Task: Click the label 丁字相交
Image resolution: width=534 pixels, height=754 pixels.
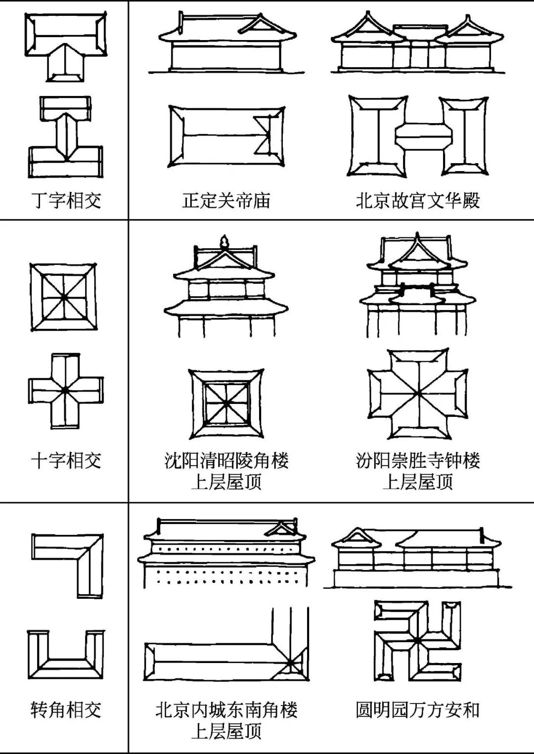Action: [x=66, y=200]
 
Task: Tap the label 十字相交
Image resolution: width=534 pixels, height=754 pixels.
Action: [x=66, y=460]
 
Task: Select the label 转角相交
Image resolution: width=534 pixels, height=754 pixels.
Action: [x=66, y=710]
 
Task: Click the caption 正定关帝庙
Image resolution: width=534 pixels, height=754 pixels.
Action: [x=226, y=200]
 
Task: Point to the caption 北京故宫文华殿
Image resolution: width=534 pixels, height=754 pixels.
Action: [x=418, y=200]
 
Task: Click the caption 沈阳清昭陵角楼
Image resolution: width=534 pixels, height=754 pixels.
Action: [x=226, y=460]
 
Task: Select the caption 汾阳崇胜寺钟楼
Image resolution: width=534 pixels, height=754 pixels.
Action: [x=418, y=460]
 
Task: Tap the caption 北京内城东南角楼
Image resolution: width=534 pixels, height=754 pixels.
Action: [x=226, y=710]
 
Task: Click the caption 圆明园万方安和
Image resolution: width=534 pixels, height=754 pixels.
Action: [x=418, y=710]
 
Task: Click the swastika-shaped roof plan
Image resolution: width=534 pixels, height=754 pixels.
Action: [x=418, y=641]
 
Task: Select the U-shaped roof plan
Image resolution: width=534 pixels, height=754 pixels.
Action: [x=66, y=655]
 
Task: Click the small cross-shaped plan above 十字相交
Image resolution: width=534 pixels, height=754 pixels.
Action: [x=66, y=390]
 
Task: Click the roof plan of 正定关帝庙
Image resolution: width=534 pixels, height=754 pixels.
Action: [x=226, y=136]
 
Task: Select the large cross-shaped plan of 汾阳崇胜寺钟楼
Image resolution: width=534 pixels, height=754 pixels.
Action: [x=418, y=394]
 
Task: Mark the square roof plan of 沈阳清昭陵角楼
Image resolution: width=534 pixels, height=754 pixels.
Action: [x=226, y=403]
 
